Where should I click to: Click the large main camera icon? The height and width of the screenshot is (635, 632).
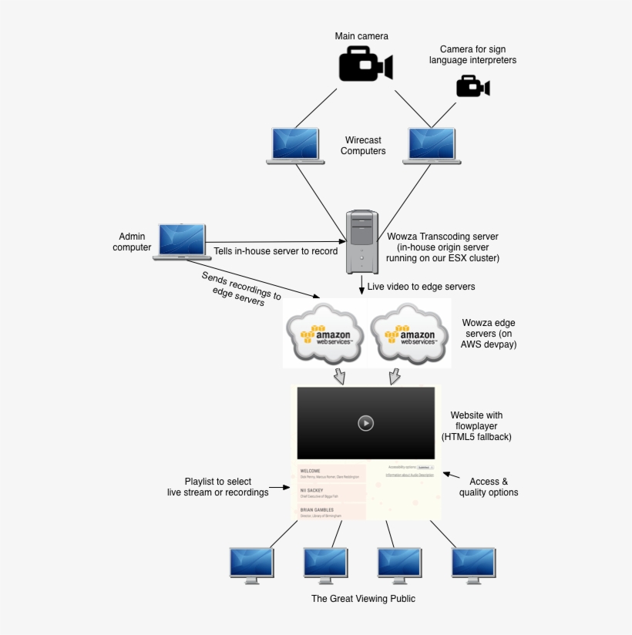[x=365, y=64]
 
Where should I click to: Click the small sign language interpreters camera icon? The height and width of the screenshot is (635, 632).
[x=472, y=86]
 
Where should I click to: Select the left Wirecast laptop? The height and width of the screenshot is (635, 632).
[x=295, y=146]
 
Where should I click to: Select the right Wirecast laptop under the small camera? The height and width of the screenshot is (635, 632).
[x=432, y=146]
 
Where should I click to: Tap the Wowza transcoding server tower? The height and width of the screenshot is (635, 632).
[x=361, y=241]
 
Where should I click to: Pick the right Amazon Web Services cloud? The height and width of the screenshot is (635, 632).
[x=408, y=334]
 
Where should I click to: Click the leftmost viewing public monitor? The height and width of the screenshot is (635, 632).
[x=251, y=563]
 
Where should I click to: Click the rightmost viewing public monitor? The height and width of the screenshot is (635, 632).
[x=472, y=563]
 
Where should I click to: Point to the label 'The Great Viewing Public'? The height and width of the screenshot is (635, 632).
[x=363, y=599]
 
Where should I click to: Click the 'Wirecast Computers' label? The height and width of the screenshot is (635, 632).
[x=363, y=146]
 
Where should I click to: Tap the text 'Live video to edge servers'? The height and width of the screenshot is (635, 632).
[x=421, y=287]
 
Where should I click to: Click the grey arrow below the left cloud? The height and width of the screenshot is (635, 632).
[x=339, y=376]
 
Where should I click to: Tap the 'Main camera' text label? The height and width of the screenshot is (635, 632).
[x=361, y=36]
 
